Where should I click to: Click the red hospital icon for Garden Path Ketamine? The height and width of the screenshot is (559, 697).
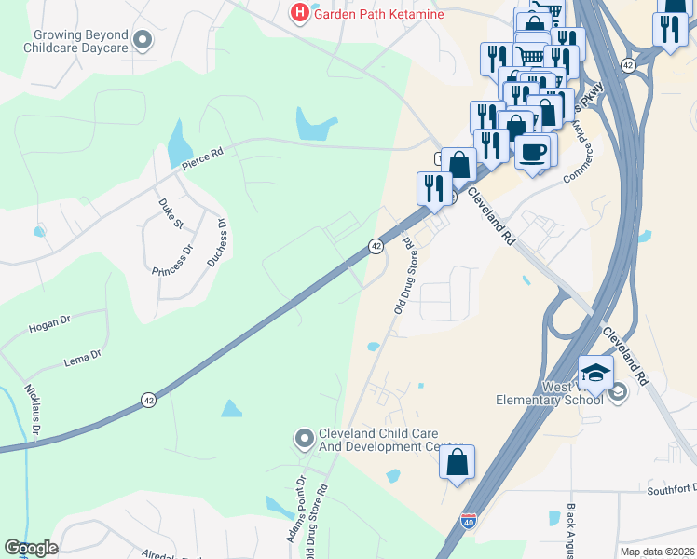point(299,13)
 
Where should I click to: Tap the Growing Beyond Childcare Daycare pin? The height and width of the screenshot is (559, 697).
point(143,40)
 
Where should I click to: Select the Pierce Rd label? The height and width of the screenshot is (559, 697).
point(203,160)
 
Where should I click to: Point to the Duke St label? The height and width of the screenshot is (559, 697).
point(171,212)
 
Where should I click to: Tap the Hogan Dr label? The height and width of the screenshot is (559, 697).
point(49,323)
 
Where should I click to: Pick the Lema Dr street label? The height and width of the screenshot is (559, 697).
point(83,356)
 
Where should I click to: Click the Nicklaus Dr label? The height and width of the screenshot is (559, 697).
point(33,411)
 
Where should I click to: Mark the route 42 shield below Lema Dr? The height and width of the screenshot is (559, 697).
point(148,400)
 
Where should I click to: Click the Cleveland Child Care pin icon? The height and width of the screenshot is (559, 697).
point(304,438)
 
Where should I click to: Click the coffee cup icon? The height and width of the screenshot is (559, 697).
point(533,151)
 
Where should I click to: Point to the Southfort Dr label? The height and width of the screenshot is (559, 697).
point(672,489)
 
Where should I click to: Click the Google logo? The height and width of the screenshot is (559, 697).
point(31,548)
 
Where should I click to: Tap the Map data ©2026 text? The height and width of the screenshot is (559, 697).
point(658,552)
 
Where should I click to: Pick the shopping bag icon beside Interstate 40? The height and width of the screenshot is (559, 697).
point(457,462)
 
